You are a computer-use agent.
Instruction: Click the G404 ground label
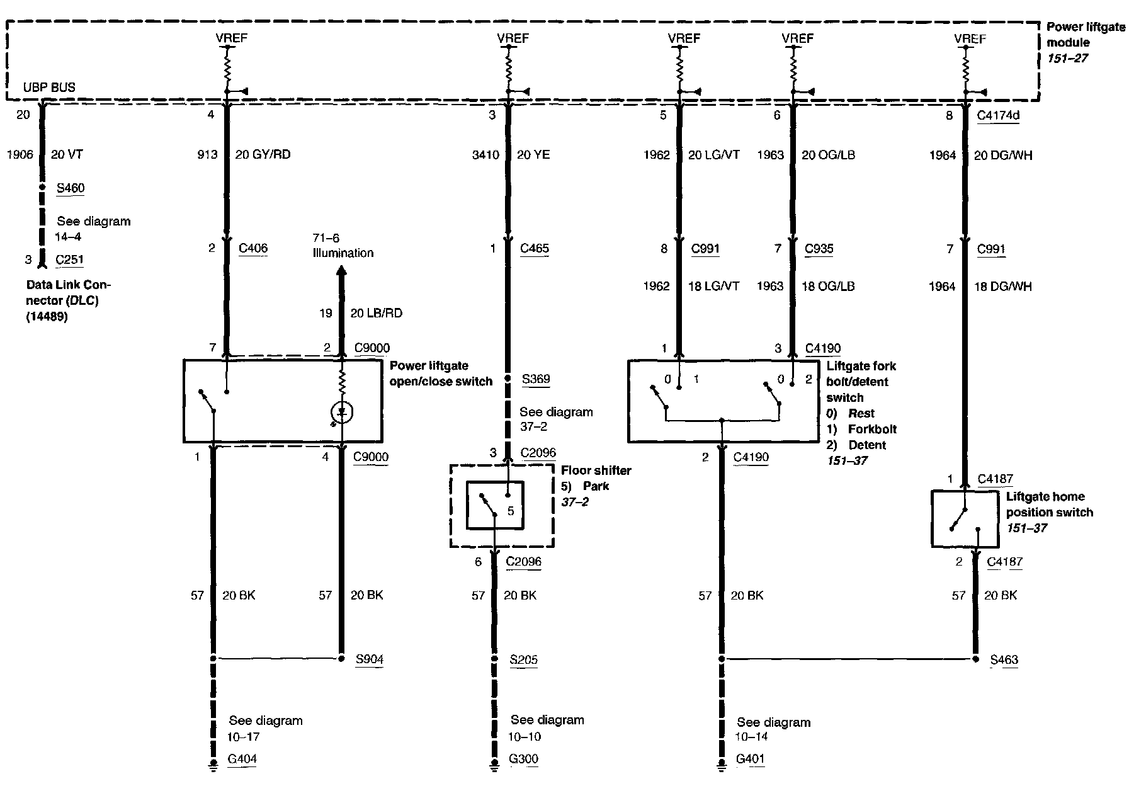(242, 759)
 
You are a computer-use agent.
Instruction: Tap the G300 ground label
(523, 759)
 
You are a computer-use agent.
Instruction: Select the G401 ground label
(750, 759)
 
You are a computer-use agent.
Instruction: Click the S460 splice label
(70, 188)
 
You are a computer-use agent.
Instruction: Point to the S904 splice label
(369, 659)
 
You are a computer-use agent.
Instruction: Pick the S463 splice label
(1004, 660)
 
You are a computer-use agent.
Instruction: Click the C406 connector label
(253, 248)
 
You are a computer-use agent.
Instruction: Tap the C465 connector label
(535, 248)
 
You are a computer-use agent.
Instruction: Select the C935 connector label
(819, 248)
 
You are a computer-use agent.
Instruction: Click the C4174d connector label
(998, 115)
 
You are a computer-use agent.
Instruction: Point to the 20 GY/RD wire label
(263, 154)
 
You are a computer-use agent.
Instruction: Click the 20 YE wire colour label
(533, 154)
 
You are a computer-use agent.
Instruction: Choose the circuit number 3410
(485, 154)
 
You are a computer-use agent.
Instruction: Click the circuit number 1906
(20, 154)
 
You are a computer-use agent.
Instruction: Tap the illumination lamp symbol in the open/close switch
(342, 413)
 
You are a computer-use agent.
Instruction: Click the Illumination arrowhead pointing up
(342, 271)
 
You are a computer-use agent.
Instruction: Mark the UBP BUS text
(49, 88)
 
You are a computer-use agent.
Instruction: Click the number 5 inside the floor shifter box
(511, 511)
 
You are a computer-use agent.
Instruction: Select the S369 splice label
(536, 379)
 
